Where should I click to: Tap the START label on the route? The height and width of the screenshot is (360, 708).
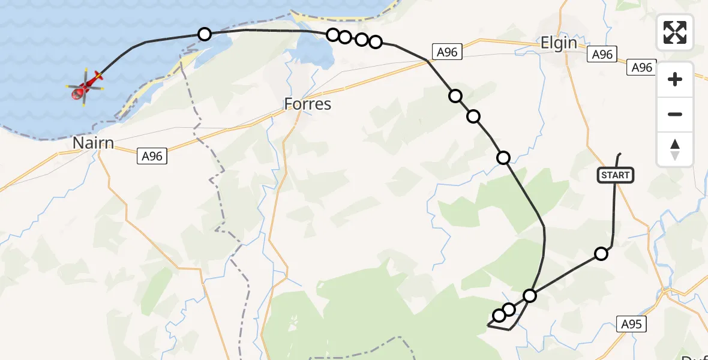click(x=615, y=175)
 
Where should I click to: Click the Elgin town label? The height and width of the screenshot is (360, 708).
click(x=559, y=43)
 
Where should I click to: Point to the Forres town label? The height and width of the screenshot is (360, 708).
click(x=307, y=104)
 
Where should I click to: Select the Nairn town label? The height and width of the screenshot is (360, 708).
click(x=93, y=143)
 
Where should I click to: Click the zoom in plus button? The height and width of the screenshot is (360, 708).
click(x=675, y=79)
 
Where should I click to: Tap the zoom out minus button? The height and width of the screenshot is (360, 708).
click(x=675, y=114)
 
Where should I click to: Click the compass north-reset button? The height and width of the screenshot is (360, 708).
click(x=675, y=149)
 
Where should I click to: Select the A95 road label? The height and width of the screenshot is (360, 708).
click(x=631, y=324)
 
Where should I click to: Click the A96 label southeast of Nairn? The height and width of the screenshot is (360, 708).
click(x=152, y=157)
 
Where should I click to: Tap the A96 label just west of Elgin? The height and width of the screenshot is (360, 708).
click(x=447, y=52)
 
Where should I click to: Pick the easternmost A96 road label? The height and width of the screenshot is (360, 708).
click(x=641, y=68)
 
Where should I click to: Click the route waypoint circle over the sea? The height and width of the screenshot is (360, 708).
click(x=205, y=34)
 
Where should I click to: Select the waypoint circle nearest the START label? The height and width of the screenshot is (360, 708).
click(x=601, y=254)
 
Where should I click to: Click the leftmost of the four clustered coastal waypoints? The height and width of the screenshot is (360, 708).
click(x=333, y=35)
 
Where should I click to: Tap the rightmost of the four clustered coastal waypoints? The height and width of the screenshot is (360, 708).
click(x=376, y=41)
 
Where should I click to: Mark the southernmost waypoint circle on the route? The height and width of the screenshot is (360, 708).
click(x=499, y=316)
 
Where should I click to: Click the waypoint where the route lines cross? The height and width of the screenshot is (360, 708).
click(x=530, y=295)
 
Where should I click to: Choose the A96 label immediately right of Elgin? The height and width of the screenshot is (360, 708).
click(x=602, y=55)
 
